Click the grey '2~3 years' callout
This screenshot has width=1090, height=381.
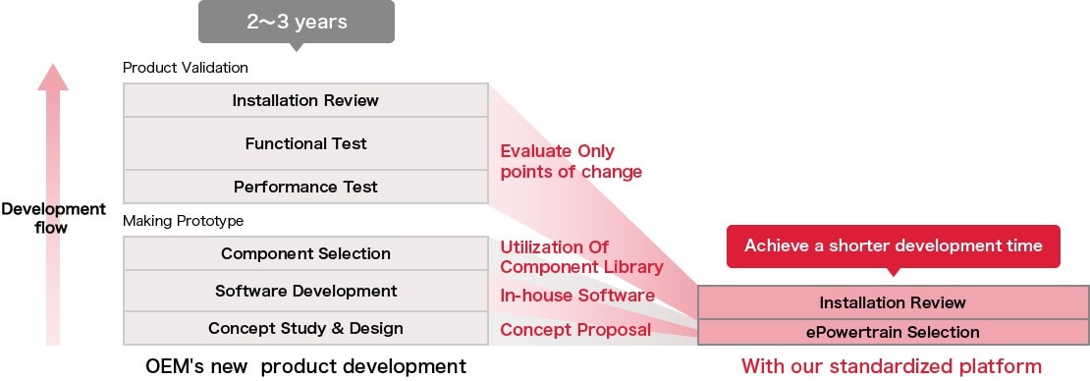[297, 23]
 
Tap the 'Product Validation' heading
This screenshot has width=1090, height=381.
[185, 68]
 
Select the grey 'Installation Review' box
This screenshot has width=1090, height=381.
[305, 100]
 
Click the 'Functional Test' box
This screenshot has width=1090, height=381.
[305, 143]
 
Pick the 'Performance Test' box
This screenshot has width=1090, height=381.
[305, 187]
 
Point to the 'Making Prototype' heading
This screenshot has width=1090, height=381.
[183, 221]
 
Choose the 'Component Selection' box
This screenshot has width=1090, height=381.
[305, 253]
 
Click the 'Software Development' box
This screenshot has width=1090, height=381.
[305, 291]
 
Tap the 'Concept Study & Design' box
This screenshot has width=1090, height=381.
[305, 328]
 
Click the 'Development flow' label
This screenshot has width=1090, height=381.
[53, 218]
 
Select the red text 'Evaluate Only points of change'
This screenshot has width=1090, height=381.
[571, 161]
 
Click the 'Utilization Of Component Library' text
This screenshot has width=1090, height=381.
[581, 256]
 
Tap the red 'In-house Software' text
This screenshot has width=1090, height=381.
[577, 296]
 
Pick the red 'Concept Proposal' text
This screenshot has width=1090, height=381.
[575, 330]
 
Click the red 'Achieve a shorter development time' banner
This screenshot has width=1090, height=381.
[894, 246]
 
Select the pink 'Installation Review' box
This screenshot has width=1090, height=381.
[893, 302]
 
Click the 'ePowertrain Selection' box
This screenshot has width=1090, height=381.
[893, 332]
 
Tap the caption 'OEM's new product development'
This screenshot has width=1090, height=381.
[305, 366]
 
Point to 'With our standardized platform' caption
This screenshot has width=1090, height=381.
[892, 365]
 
